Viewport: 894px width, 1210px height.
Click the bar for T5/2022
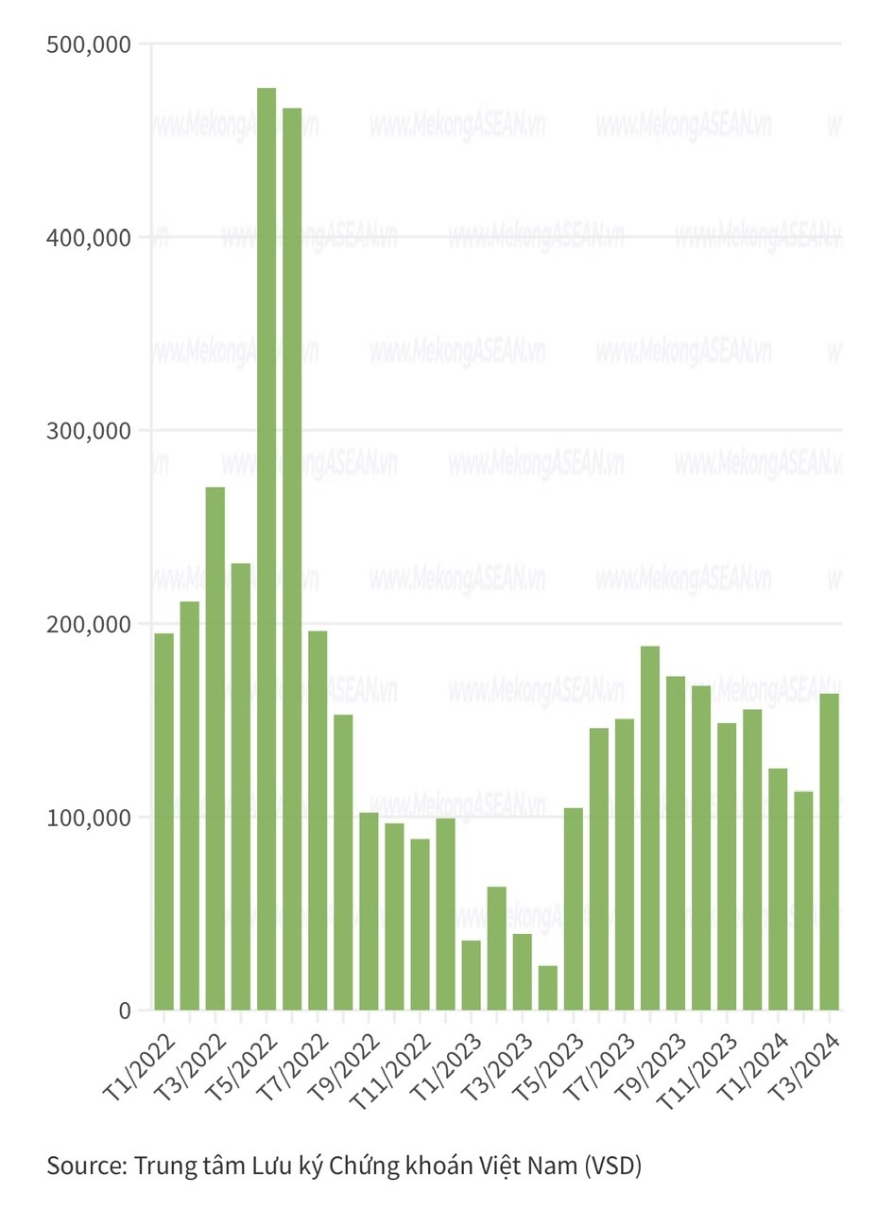pos(266,548)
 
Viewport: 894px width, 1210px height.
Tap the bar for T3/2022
pos(215,748)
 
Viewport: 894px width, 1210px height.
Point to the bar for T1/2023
pos(471,975)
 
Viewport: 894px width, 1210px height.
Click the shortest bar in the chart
pos(548,988)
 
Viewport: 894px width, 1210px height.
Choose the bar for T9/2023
pos(676,842)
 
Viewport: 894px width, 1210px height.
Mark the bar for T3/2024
pos(829,851)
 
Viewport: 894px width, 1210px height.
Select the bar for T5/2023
pos(574,908)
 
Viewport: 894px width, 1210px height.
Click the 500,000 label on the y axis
pos(88,44)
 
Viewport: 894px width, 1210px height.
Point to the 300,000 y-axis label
pos(88,431)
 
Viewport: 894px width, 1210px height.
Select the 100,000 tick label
pos(88,818)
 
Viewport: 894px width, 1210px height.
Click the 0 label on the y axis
pos(125,1011)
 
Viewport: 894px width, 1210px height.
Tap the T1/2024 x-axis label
pos(753,1064)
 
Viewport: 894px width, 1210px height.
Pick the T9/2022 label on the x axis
pos(344,1064)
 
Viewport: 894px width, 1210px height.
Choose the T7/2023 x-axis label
pos(599,1064)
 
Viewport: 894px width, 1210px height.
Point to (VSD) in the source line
pos(612,1166)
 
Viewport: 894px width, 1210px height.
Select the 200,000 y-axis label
pos(88,624)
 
